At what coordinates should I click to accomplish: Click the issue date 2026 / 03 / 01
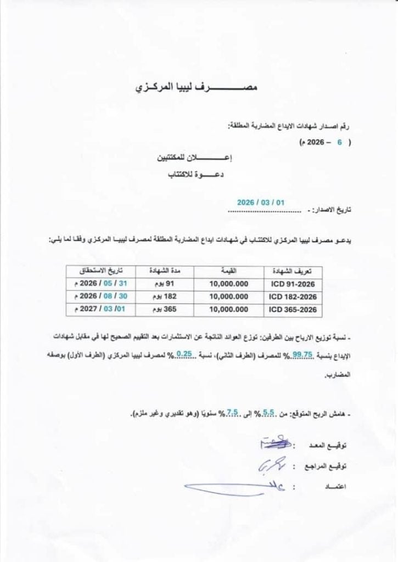pyautogui.click(x=261, y=203)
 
